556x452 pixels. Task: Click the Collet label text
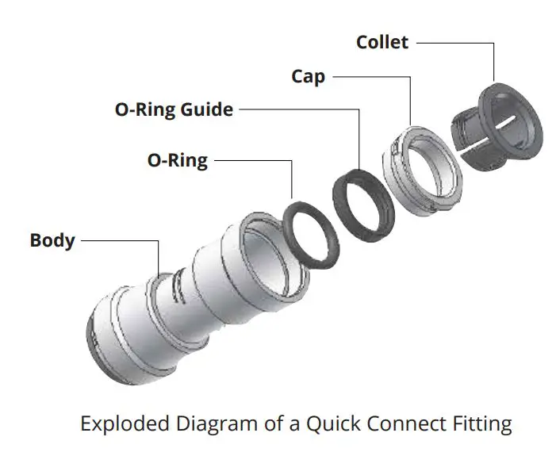[383, 41]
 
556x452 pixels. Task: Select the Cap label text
[308, 76]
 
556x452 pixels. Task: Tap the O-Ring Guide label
[174, 109]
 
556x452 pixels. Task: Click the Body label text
[52, 239]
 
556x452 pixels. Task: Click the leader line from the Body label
[119, 239]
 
